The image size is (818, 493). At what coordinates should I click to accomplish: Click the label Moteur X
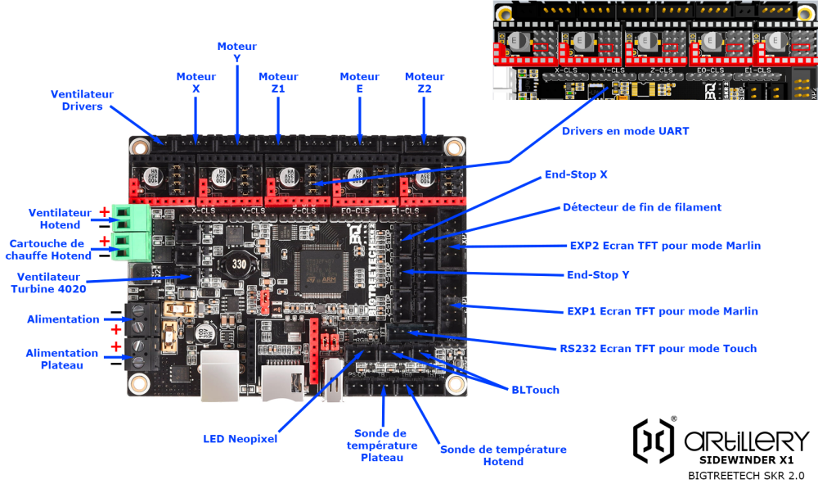tap(196, 82)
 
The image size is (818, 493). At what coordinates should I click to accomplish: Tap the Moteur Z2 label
tap(425, 82)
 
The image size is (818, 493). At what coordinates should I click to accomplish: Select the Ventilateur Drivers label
tap(82, 100)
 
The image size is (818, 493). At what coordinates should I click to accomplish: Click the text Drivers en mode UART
tap(626, 130)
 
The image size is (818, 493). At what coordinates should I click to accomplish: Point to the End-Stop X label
tap(576, 174)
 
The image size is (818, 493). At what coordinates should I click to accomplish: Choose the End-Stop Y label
tap(598, 274)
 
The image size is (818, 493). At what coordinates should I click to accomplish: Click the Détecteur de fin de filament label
tap(642, 207)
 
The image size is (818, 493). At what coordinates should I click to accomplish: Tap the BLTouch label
tap(535, 390)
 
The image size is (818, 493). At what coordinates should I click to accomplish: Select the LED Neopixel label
tap(240, 439)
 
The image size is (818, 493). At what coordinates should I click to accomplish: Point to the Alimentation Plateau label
tap(61, 359)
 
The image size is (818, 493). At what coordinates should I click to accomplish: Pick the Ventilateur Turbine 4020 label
tap(49, 283)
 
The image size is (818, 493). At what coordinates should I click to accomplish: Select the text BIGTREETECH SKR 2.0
tap(745, 475)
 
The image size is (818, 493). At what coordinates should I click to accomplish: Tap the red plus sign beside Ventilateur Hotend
tap(105, 211)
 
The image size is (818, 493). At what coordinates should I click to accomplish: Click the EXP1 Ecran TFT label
tap(662, 311)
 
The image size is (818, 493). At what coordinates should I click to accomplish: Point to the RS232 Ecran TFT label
tap(658, 348)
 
